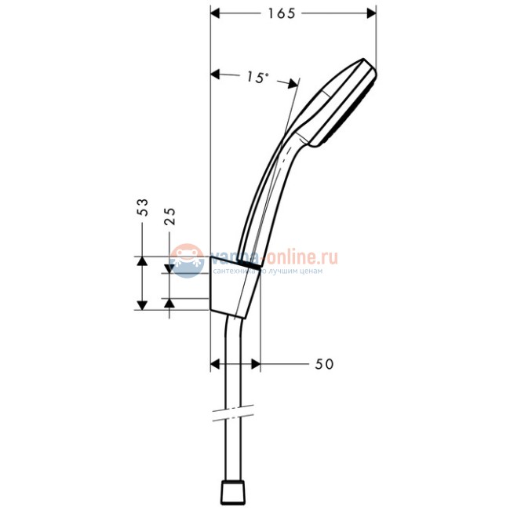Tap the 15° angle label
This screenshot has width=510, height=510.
pos(257,77)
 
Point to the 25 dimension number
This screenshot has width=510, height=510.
pos(170,216)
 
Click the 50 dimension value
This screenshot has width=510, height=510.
pos(324,364)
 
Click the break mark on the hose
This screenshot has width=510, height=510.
pos(231,411)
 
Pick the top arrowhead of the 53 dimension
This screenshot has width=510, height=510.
pos(142,260)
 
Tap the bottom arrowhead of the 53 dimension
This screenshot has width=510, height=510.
pos(142,304)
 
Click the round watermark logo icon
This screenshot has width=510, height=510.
pos(187,260)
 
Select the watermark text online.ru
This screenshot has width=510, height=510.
pos(301,256)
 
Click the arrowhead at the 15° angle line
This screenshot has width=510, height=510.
pos(293,82)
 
